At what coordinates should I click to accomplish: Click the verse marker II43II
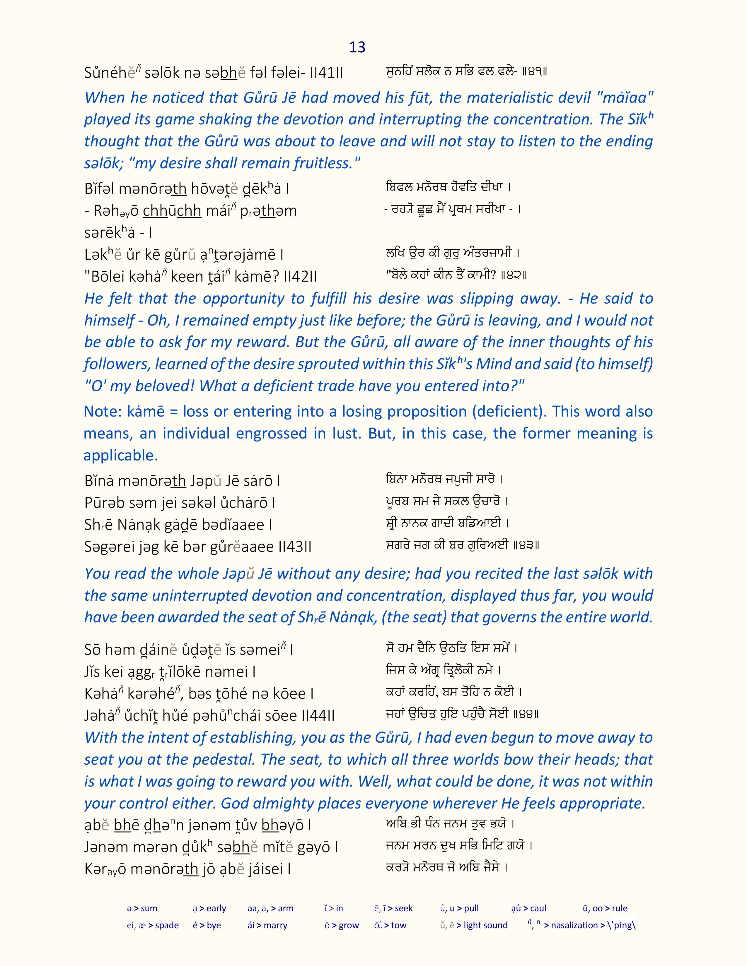point(295,547)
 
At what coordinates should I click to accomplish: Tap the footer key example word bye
point(214,925)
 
